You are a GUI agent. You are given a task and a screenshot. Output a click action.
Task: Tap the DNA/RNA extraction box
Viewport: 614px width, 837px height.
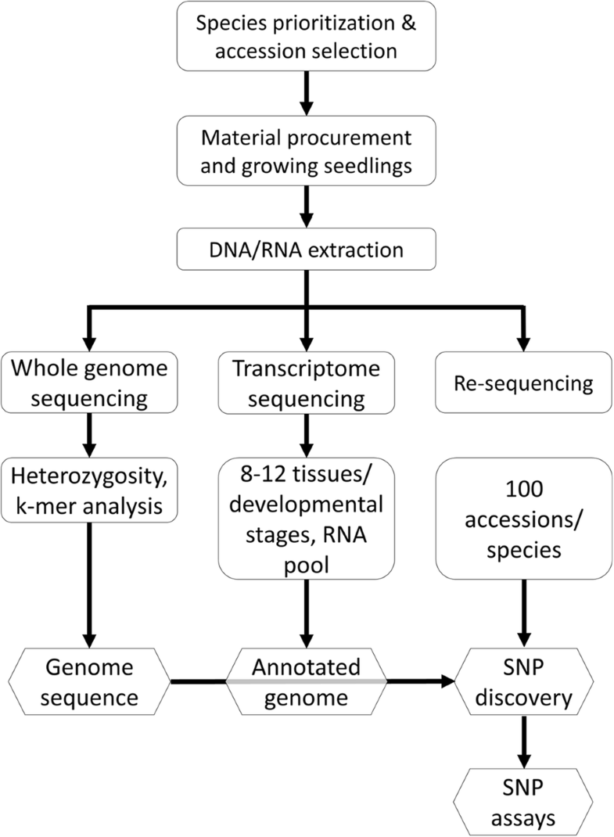pos(307,250)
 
